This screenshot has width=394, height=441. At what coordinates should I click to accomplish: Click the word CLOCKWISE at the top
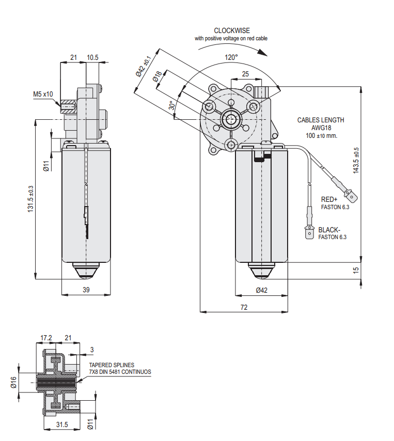(232, 31)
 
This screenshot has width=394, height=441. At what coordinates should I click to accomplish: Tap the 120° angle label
(231, 57)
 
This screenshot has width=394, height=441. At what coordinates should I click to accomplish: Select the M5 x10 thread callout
(43, 94)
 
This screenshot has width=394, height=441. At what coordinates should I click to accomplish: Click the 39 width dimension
(86, 290)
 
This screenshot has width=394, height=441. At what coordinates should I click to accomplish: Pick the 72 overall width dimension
(244, 307)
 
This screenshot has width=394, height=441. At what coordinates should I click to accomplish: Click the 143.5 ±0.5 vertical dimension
(356, 161)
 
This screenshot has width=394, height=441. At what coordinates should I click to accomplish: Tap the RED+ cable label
(329, 199)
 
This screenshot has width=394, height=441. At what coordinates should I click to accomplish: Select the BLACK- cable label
(330, 230)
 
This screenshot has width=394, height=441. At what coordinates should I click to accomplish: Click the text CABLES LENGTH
(320, 120)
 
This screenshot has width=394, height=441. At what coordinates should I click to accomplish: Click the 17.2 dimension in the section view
(46, 338)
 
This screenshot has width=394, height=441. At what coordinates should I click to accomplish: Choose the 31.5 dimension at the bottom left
(62, 424)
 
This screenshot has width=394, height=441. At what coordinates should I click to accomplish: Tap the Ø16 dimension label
(14, 383)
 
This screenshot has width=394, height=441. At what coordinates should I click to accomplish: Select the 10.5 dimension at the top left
(93, 58)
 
